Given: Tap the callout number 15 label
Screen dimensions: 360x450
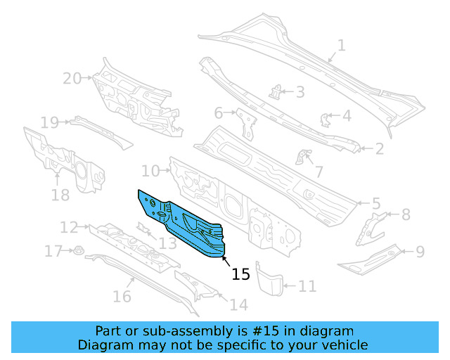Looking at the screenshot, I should pos(240,274).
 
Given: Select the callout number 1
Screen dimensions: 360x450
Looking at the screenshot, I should pos(341,46).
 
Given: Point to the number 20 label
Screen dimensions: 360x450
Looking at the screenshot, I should pos(72,79).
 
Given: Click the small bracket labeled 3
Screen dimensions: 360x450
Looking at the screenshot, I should pos(278,91).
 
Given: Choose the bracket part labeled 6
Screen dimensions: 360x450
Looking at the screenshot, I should pos(245,124).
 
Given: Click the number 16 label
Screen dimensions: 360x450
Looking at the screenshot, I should pos(122,296).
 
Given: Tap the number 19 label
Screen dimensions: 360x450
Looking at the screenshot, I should pos(49,123).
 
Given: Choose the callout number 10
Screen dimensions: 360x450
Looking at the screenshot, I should pos(150,170).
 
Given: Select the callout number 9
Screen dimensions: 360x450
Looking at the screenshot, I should pos(420,251).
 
